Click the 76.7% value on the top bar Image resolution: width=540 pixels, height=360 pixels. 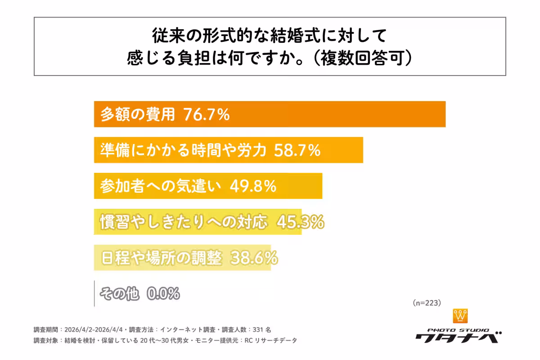(x=207, y=115)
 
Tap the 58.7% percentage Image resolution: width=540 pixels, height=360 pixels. (x=297, y=150)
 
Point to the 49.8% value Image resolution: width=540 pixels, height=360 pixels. (x=252, y=186)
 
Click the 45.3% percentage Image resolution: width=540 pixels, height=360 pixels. (x=300, y=222)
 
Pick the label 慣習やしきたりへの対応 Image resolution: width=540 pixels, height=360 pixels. (x=184, y=222)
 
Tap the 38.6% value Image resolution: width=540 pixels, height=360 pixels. (x=254, y=258)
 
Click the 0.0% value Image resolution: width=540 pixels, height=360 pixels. (x=163, y=294)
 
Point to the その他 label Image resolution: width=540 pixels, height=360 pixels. (x=119, y=294)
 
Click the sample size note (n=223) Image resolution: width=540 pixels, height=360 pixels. (x=426, y=303)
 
